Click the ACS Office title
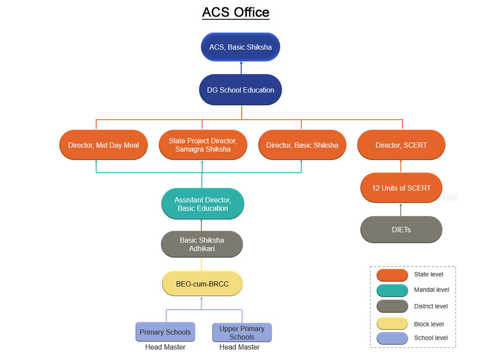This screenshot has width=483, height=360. coord(236,12)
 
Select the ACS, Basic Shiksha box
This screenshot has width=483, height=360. coord(241,47)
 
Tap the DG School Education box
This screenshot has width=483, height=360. coord(241,90)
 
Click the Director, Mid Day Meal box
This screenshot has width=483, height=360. coord(103,145)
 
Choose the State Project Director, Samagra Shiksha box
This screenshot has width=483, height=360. coord(203,145)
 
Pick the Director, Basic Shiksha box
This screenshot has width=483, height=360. coord(302,145)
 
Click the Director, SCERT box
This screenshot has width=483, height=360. coord(401,145)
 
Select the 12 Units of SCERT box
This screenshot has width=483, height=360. coord(401,188)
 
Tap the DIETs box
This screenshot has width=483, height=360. coord(401,230)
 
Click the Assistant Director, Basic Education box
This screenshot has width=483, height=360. coord(203,204)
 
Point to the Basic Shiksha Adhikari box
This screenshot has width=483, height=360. coord(202,244)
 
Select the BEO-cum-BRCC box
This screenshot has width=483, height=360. coord(202,284)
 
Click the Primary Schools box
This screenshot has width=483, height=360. coord(165,332)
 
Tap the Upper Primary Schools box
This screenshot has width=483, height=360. coord(242,332)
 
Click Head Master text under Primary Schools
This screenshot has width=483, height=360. coord(165,347)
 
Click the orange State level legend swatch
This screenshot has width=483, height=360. coord(392,275)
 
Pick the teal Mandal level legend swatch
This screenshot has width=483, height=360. coord(392,290)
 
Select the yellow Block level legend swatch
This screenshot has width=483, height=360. coord(392,324)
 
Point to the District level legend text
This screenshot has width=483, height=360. coord(431,306)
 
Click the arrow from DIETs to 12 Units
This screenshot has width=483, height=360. coord(401,210)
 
